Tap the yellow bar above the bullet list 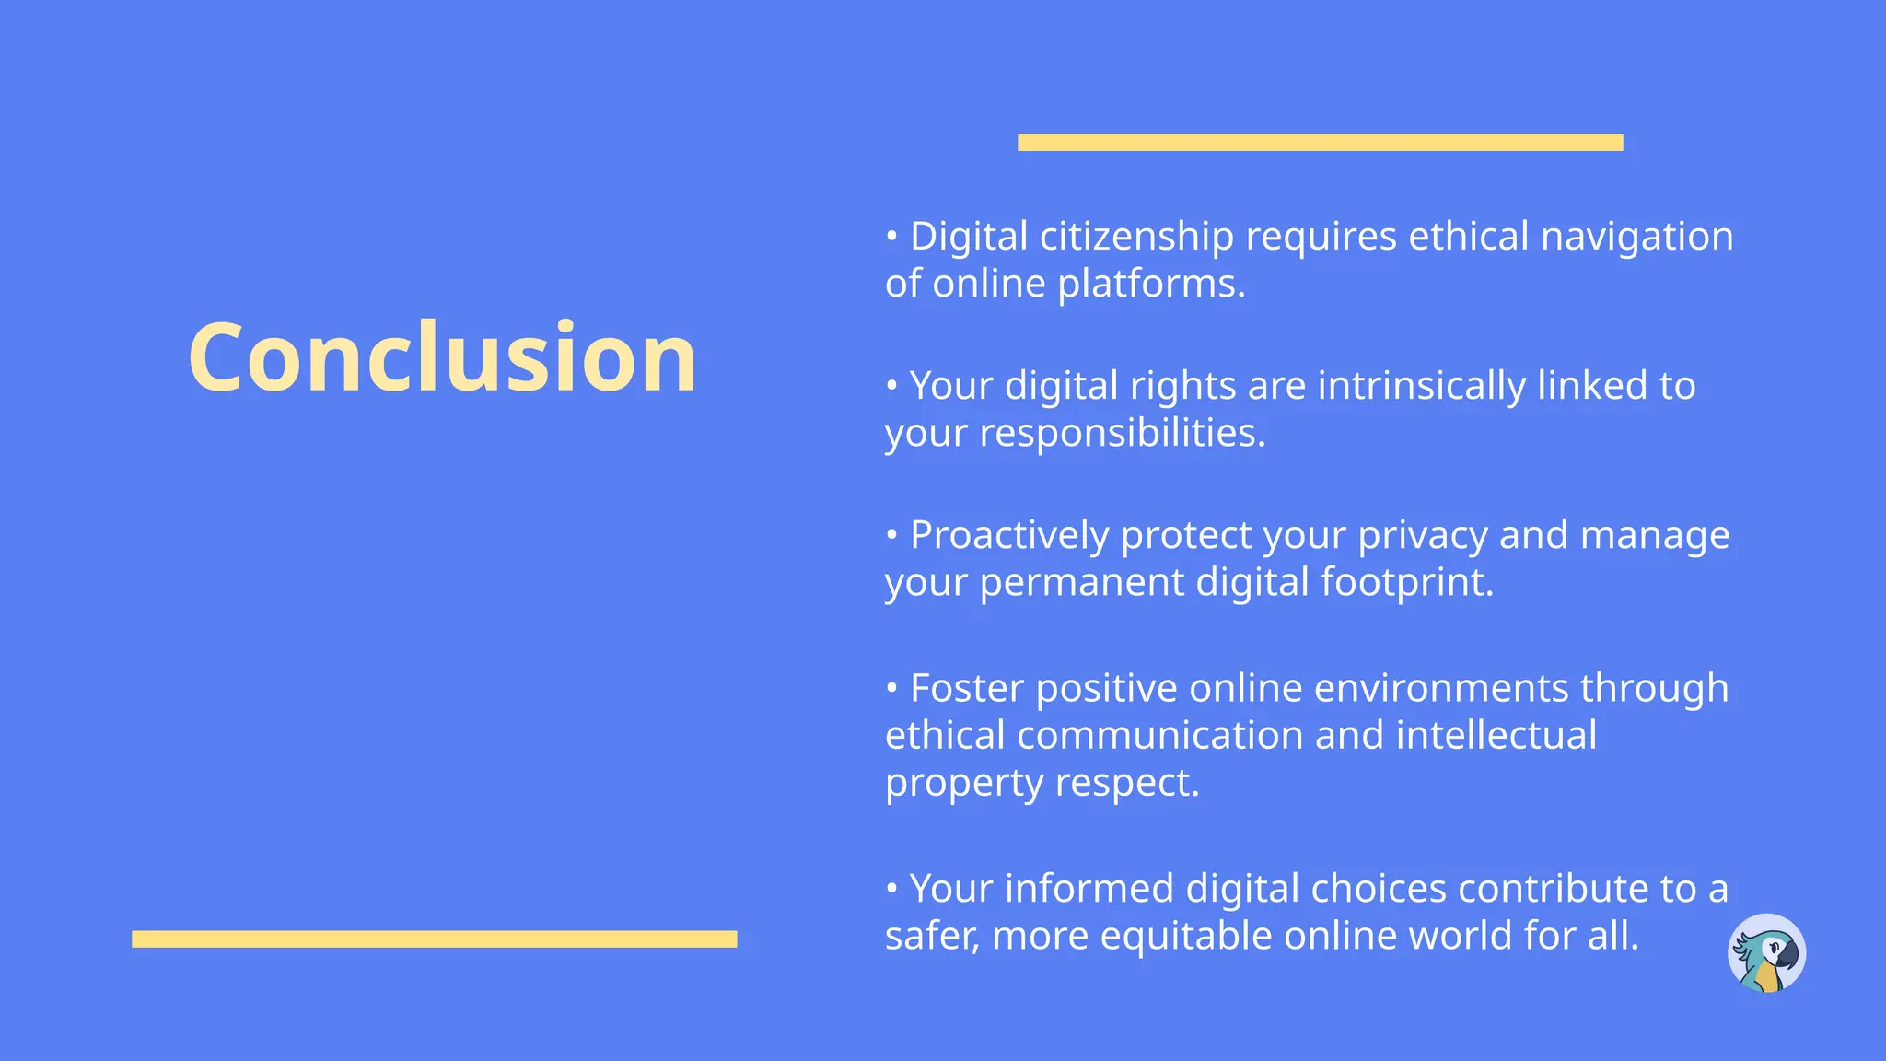(x=1320, y=143)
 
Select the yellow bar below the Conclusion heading (x=434, y=939)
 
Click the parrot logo (x=1766, y=953)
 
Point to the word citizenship (x=1136, y=238)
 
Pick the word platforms (x=1150, y=285)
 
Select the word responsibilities (x=1122, y=434)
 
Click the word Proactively (x=1009, y=536)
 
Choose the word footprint (x=1406, y=583)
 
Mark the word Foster (x=966, y=689)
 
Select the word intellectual (x=1496, y=736)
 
